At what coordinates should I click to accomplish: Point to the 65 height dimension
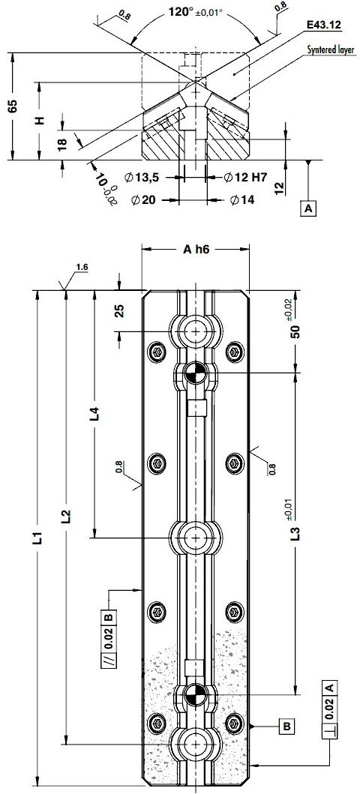tap(11, 106)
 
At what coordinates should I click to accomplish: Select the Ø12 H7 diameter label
tap(248, 178)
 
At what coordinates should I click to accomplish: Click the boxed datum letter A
tap(309, 208)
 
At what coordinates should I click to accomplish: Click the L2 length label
tap(66, 516)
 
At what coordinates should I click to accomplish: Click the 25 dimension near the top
tap(119, 310)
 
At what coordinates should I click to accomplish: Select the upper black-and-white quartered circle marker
tap(195, 372)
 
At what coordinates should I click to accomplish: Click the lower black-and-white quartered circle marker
tap(195, 695)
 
